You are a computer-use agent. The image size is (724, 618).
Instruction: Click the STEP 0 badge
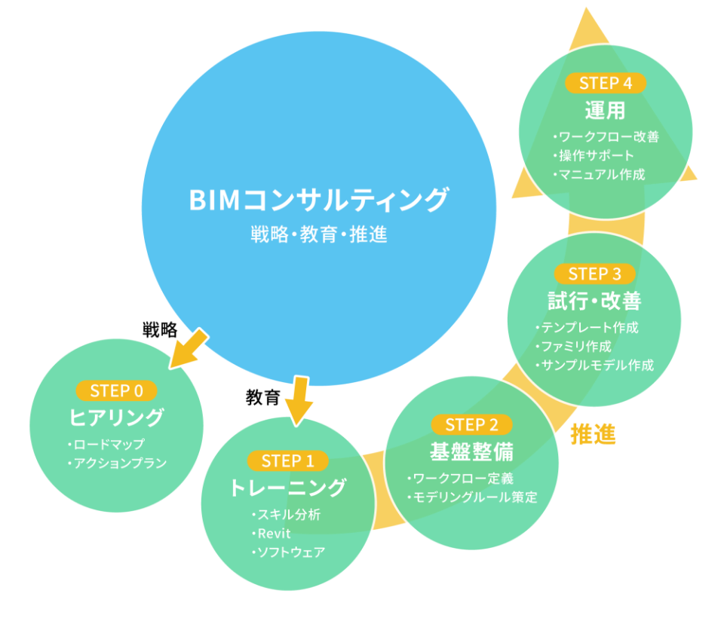tap(116, 391)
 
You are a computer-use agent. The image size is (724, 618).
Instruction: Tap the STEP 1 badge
tap(287, 460)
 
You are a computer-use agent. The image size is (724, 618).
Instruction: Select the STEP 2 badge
tap(471, 424)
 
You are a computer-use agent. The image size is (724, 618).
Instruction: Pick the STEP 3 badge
tap(594, 274)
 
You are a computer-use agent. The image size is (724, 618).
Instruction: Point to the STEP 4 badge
tap(606, 83)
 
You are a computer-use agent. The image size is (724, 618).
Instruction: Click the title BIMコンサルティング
tap(318, 200)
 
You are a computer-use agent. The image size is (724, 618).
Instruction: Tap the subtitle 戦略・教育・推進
tap(318, 234)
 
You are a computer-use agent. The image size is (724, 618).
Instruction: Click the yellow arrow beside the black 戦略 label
tap(189, 349)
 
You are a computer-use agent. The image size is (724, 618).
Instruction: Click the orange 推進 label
tap(594, 434)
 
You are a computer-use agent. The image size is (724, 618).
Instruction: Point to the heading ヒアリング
tap(116, 418)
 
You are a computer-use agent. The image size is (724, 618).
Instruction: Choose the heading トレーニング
tap(287, 488)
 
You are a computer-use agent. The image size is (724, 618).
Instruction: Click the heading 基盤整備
tap(471, 451)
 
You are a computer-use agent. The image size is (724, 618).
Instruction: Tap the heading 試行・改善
tap(594, 301)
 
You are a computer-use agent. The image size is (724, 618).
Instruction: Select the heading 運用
tap(606, 110)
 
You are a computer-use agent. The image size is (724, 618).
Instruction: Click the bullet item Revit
tap(271, 534)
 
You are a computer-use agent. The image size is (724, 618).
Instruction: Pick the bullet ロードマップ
tap(106, 444)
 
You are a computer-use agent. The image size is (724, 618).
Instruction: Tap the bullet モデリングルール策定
tap(472, 497)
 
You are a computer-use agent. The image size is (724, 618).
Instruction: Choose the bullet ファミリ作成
tap(573, 346)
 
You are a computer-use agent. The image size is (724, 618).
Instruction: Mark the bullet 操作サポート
tap(594, 155)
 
